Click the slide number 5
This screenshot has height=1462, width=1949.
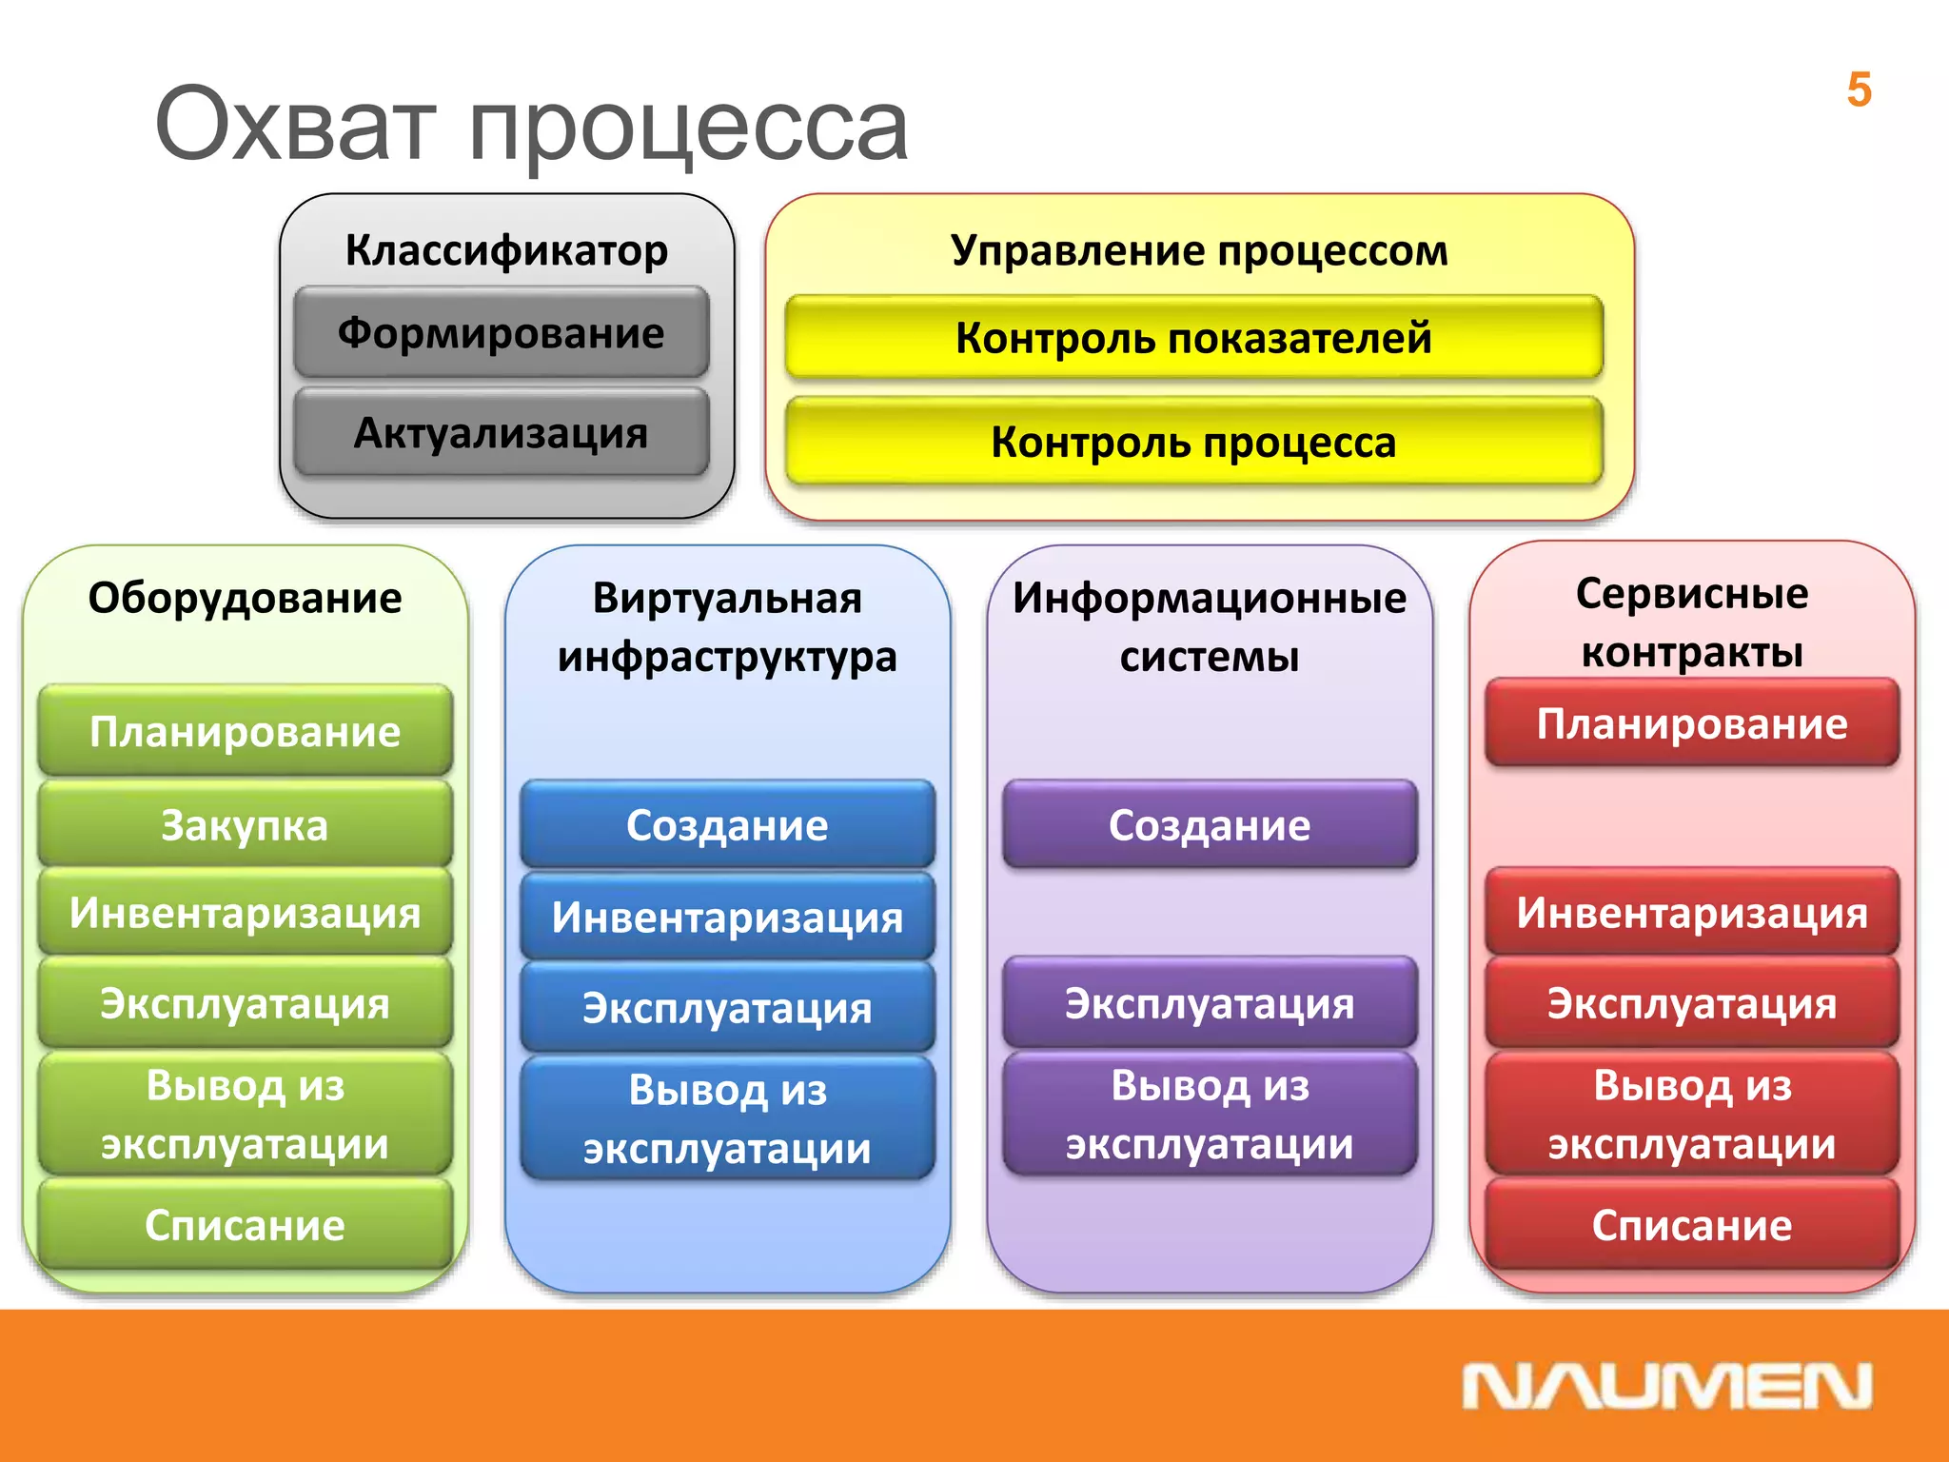(1859, 90)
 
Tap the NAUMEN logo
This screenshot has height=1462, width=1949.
(1666, 1387)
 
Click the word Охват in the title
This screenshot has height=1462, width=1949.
(295, 125)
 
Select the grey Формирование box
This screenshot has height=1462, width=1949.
(502, 333)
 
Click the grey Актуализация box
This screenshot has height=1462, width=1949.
(502, 433)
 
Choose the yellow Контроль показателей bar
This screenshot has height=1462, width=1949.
(1193, 338)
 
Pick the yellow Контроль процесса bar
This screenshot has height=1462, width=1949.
(1193, 443)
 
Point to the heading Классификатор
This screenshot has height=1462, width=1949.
(506, 250)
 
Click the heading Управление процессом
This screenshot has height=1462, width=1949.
(1199, 250)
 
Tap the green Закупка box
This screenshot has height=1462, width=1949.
(245, 825)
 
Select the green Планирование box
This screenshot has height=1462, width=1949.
(245, 731)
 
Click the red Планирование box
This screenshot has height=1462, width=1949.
(1692, 723)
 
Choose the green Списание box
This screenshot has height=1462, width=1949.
(245, 1225)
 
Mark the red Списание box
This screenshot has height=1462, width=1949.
(1692, 1225)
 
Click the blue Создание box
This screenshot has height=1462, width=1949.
(727, 825)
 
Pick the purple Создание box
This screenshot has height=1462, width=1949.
(1210, 825)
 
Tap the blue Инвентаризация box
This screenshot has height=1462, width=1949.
(727, 918)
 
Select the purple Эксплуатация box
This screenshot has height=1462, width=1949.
(1210, 1003)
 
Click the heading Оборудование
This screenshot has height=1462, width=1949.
(245, 598)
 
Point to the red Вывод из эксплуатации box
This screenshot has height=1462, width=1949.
(1692, 1114)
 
